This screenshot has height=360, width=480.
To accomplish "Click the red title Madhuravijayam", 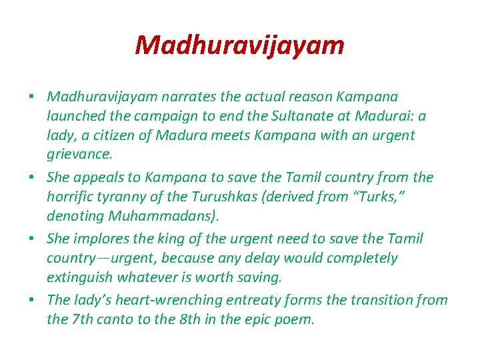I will (239, 45).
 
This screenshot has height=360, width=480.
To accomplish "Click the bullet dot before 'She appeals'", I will (31, 178).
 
